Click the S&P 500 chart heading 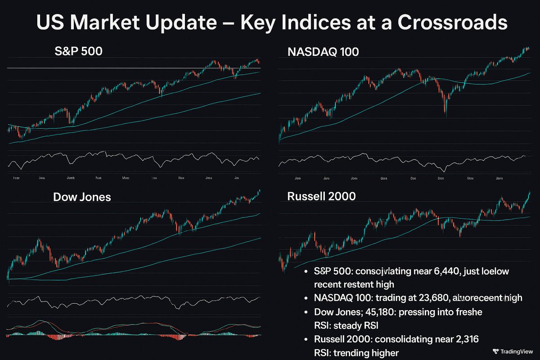tap(79, 51)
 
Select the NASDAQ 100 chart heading tap(323, 52)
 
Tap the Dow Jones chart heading tap(82, 197)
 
